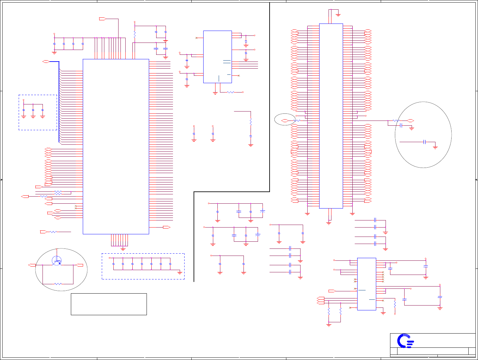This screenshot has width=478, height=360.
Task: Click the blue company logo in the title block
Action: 405,341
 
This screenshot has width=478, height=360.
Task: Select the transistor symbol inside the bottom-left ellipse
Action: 57,260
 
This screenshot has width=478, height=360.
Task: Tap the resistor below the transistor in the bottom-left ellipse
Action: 58,284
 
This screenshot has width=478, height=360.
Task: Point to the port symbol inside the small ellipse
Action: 284,121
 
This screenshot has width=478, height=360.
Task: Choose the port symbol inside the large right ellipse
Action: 410,121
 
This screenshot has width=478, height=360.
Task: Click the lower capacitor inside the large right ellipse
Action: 425,142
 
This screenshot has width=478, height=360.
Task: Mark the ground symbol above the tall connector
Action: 338,15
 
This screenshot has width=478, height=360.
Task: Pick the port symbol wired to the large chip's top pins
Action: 102,19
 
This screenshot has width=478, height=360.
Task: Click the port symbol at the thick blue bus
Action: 46,61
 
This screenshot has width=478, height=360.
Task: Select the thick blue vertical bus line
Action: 59,102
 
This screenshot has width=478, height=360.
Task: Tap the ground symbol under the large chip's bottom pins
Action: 123,248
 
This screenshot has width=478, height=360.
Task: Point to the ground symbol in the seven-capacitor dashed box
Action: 180,272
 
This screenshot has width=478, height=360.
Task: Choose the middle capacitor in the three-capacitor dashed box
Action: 33,110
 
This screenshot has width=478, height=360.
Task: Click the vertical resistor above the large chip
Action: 135,34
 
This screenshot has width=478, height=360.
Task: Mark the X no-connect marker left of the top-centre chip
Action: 196,38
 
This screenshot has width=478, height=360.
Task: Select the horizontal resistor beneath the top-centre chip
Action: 231,92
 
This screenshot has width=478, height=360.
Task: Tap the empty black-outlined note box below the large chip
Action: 109,304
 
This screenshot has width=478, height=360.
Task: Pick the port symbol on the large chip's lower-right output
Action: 166,227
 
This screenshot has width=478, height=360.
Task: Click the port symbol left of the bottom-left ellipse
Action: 32,265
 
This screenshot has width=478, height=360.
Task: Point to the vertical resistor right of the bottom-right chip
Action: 395,304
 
